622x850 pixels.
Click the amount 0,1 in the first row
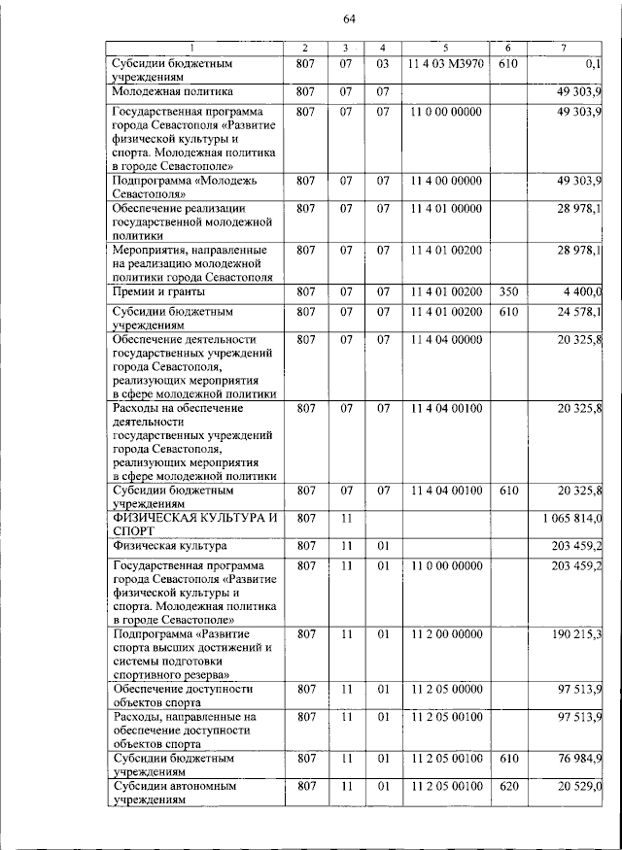[592, 64]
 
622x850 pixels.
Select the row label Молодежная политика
[172, 91]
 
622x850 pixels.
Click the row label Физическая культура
[169, 546]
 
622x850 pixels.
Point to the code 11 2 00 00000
[444, 634]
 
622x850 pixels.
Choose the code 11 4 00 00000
[444, 181]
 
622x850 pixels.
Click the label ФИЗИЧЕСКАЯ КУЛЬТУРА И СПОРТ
[194, 526]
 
